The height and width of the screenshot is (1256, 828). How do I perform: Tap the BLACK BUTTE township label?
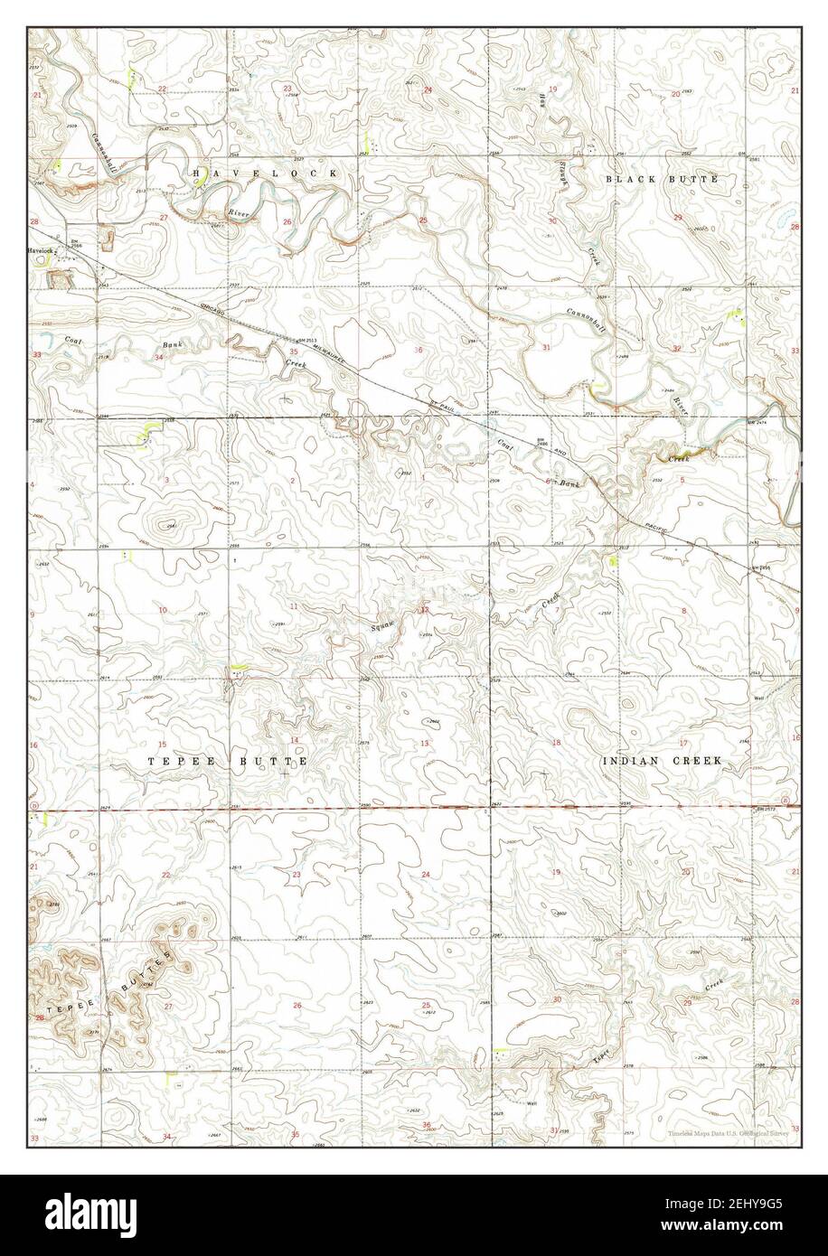pyautogui.click(x=662, y=180)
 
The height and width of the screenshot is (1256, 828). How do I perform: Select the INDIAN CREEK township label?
pyautogui.click(x=662, y=762)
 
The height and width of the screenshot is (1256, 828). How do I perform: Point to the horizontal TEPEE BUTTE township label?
pyautogui.click(x=228, y=762)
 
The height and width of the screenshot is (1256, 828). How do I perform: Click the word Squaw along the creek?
pyautogui.click(x=384, y=624)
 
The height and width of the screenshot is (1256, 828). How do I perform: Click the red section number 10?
pyautogui.click(x=163, y=611)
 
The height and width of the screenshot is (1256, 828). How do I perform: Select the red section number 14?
pyautogui.click(x=294, y=715)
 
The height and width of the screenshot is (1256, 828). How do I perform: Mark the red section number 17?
pyautogui.click(x=683, y=743)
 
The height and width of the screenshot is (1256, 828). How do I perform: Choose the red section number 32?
pyautogui.click(x=677, y=348)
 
